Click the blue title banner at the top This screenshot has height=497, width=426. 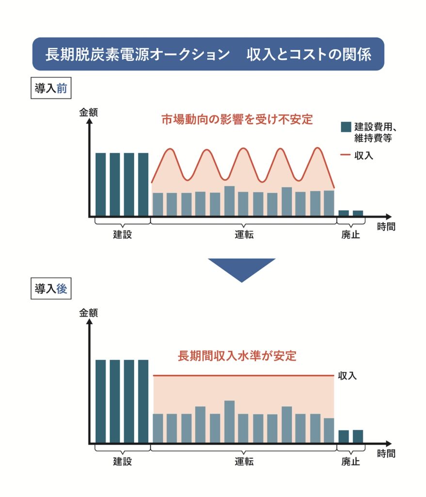[x=208, y=54]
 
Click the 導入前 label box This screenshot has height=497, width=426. [x=50, y=90]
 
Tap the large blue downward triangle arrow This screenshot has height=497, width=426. [x=241, y=268]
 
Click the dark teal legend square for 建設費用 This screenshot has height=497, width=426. [x=346, y=127]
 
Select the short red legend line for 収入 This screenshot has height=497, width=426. [x=346, y=155]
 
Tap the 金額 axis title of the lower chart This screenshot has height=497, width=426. [x=89, y=313]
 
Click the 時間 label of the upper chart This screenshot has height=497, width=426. [x=386, y=226]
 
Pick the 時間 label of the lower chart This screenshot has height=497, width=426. [x=386, y=454]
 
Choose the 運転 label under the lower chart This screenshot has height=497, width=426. [x=241, y=462]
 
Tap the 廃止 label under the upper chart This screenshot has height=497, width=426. [x=350, y=235]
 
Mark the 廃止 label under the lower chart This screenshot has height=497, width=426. [x=350, y=462]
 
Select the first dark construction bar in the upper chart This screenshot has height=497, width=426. [x=100, y=184]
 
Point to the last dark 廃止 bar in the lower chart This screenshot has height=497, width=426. [x=358, y=436]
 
